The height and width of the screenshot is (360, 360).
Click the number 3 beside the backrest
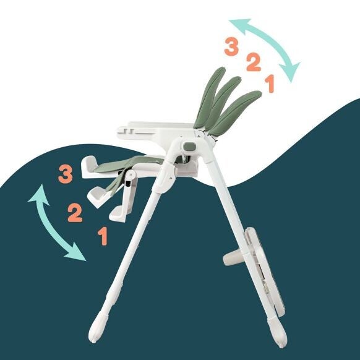(231, 47)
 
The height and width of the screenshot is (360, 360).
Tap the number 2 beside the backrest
(254, 62)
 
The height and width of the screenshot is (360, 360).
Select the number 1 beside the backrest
(270, 84)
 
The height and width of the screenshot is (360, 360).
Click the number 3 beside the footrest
(66, 174)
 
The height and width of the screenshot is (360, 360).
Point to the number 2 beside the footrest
(75, 213)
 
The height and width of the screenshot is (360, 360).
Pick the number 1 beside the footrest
(103, 236)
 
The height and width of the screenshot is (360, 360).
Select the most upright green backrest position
(210, 98)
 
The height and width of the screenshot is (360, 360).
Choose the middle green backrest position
(223, 103)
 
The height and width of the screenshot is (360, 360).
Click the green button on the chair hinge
(190, 146)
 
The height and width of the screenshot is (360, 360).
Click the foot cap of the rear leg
(277, 332)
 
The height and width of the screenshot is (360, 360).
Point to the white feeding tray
(156, 132)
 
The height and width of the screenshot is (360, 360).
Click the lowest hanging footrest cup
(118, 214)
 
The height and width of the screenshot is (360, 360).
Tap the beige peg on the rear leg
(233, 259)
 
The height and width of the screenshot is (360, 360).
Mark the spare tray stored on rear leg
(264, 271)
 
